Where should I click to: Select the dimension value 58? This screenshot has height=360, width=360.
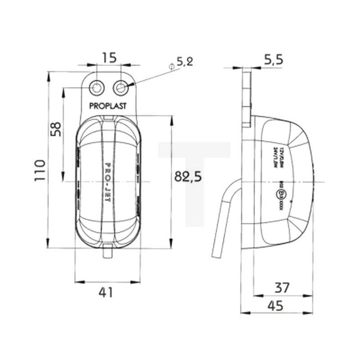55,130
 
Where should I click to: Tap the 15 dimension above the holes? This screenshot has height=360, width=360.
108,56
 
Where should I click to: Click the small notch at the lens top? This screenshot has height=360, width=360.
109,118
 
